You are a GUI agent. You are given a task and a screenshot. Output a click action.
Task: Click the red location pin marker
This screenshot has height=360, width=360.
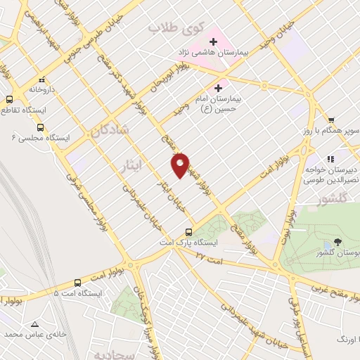click(x=181, y=165)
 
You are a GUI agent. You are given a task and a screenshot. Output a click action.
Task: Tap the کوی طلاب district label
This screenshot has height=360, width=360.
click(x=175, y=30)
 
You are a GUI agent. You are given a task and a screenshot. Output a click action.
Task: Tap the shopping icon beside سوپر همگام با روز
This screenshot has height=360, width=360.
click(x=330, y=120)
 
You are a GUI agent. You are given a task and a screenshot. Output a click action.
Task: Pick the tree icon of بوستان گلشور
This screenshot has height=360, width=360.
click(x=338, y=240)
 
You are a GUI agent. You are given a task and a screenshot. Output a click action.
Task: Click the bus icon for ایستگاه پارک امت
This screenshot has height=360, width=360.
click(x=188, y=232)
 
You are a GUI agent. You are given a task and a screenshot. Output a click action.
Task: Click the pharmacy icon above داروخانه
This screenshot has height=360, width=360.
click(x=41, y=79)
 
